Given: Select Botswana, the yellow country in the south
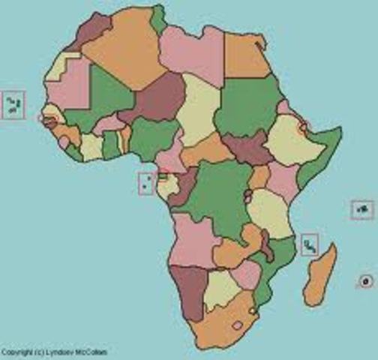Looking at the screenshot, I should [x=222, y=289].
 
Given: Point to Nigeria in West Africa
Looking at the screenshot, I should [x=154, y=139].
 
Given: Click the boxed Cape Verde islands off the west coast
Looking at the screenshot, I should [x=13, y=105].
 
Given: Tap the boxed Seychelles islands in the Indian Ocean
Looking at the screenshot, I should [x=362, y=210].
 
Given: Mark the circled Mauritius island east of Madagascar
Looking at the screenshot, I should [x=365, y=281].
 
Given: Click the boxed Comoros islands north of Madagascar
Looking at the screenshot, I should [x=309, y=244].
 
